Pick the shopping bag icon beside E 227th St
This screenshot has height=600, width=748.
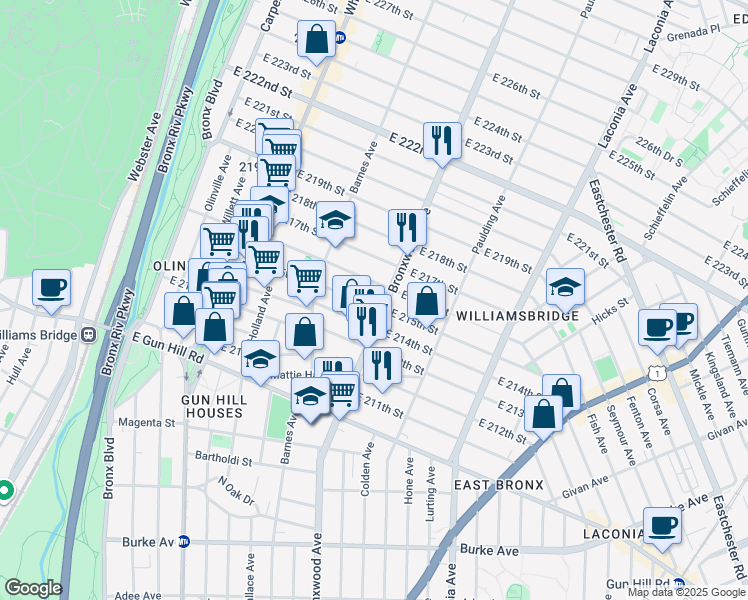click(x=316, y=40)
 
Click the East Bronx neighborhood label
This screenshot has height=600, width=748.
click(x=498, y=485)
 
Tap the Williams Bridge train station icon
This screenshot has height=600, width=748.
click(x=89, y=334)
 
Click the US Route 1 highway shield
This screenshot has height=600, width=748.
click(x=655, y=370)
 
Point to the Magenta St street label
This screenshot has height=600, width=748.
click(x=148, y=423)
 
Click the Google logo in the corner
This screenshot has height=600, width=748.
click(x=33, y=588)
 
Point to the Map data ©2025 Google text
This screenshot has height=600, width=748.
click(x=685, y=592)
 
